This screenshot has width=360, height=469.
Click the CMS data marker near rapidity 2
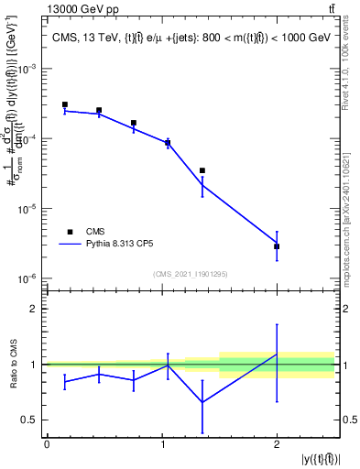(277, 246)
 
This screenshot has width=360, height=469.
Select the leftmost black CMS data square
(64, 104)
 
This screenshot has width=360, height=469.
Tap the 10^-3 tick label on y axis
(28, 70)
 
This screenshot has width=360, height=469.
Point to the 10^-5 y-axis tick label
(28, 209)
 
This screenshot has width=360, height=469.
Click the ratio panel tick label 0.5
(29, 420)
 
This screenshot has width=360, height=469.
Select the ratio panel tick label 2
(34, 310)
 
